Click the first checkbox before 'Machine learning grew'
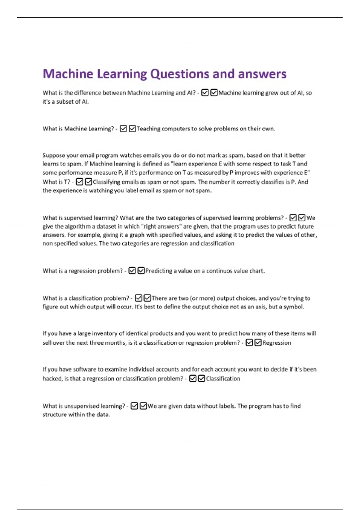(x=205, y=93)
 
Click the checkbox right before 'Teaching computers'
(x=132, y=129)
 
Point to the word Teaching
(x=148, y=129)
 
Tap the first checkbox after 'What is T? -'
(x=79, y=182)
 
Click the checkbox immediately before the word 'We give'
(x=302, y=218)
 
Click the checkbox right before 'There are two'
(x=147, y=298)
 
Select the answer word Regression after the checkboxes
(x=277, y=343)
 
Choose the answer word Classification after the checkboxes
(x=223, y=379)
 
